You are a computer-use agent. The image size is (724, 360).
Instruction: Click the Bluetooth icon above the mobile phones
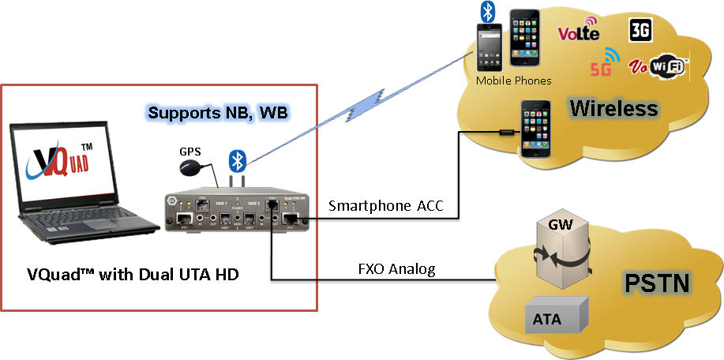pyautogui.click(x=489, y=12)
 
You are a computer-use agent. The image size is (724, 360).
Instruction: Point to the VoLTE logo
pyautogui.click(x=579, y=33)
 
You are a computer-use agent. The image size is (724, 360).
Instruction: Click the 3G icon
pyautogui.click(x=640, y=31)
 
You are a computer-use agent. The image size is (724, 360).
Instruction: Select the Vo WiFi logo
pyautogui.click(x=658, y=67)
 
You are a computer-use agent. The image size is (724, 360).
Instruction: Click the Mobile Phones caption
pyautogui.click(x=513, y=81)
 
